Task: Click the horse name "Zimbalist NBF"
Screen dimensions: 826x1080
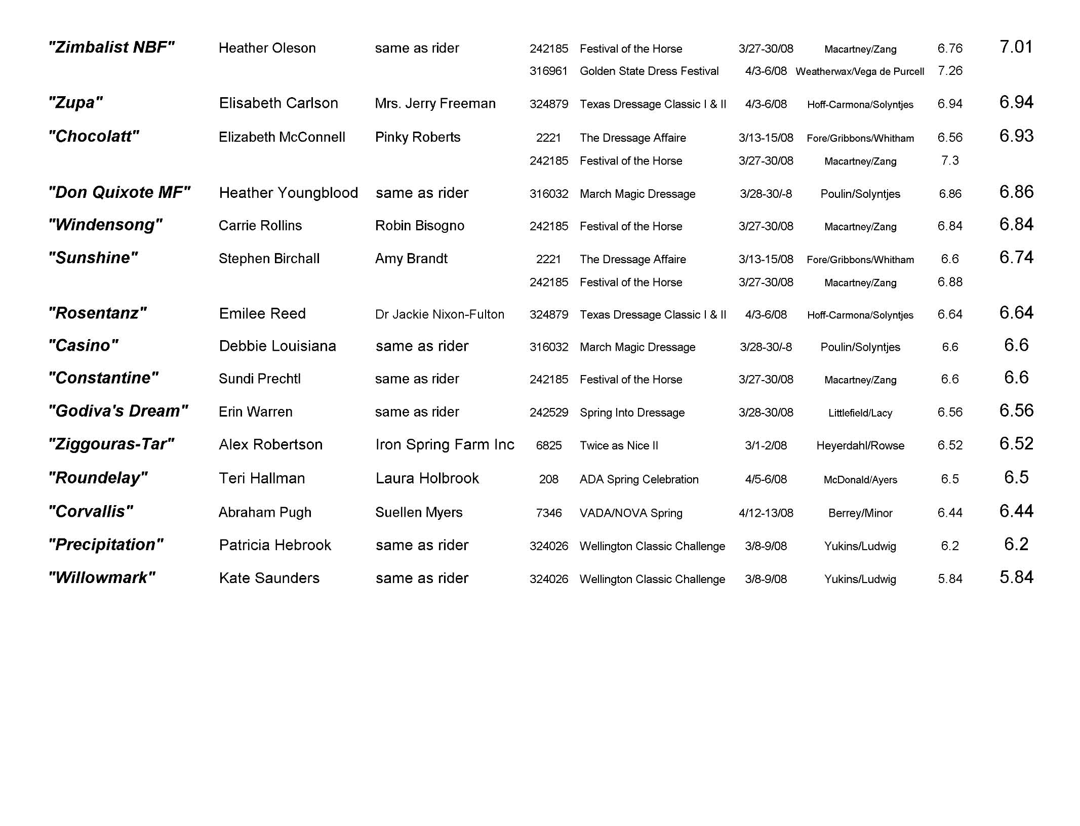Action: pyautogui.click(x=111, y=48)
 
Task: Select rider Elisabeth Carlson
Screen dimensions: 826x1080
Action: pyautogui.click(x=278, y=103)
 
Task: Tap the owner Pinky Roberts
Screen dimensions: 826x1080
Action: pyautogui.click(x=418, y=137)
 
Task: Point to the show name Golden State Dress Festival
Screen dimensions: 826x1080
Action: pyautogui.click(x=649, y=71)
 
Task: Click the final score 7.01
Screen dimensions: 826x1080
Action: pyautogui.click(x=1016, y=47)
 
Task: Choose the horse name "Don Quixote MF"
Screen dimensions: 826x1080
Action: pyautogui.click(x=119, y=193)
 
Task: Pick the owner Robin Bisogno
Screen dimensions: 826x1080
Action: pyautogui.click(x=419, y=226)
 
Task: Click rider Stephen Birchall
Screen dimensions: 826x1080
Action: pyautogui.click(x=269, y=259)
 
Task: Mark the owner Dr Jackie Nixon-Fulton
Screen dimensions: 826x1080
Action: pyautogui.click(x=439, y=314)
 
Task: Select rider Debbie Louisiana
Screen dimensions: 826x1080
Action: pyautogui.click(x=277, y=346)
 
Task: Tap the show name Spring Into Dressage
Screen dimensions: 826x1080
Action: pyautogui.click(x=632, y=412)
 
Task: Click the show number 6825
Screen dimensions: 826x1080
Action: pyautogui.click(x=548, y=445)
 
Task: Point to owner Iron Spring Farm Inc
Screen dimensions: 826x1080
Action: pyautogui.click(x=445, y=445)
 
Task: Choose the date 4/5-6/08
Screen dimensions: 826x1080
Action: pyautogui.click(x=766, y=479)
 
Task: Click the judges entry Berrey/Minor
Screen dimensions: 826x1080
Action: pyautogui.click(x=860, y=513)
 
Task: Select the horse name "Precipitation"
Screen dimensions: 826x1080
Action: pyautogui.click(x=105, y=545)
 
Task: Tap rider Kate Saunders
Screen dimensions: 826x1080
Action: pyautogui.click(x=269, y=578)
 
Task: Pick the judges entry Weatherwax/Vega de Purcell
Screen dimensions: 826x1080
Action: pyautogui.click(x=860, y=71)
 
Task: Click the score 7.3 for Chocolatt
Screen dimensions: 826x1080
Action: pyautogui.click(x=949, y=161)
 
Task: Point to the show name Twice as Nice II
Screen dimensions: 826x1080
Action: pyautogui.click(x=619, y=445)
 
